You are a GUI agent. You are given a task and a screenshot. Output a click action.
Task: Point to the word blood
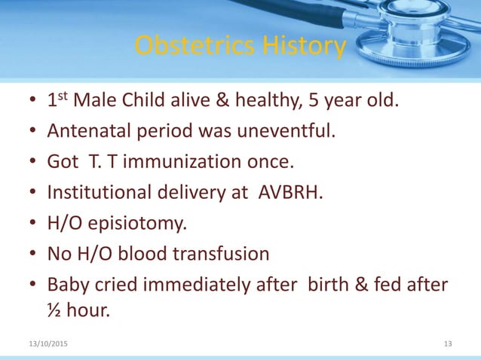151,254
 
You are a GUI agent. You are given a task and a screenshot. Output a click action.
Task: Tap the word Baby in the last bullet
67,285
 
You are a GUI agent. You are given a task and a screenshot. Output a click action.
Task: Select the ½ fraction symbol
54,309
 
